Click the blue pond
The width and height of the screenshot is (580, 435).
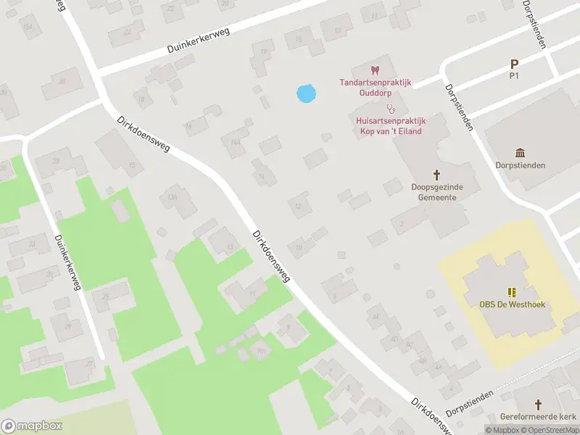click(x=307, y=93)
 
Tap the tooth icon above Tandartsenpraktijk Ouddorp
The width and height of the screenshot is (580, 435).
click(x=375, y=70)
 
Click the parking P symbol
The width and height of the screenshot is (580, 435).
click(x=515, y=65)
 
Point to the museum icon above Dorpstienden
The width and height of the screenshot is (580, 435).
click(x=521, y=152)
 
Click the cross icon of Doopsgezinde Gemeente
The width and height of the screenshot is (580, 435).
click(x=437, y=174)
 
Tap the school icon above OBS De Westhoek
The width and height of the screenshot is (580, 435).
click(x=512, y=292)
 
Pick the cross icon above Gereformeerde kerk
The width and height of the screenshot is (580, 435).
click(x=538, y=404)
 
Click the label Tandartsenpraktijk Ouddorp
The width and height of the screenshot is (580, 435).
click(x=376, y=88)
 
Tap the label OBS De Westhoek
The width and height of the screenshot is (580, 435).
click(x=512, y=304)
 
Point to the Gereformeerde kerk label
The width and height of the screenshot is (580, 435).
click(x=538, y=417)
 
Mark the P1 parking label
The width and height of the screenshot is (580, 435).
click(x=515, y=75)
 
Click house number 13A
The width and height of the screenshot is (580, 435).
click(x=172, y=196)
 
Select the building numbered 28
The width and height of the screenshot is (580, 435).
click(x=62, y=81)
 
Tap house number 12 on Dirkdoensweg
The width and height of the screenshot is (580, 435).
click(x=298, y=206)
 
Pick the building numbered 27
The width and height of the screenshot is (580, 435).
click(x=90, y=362)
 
